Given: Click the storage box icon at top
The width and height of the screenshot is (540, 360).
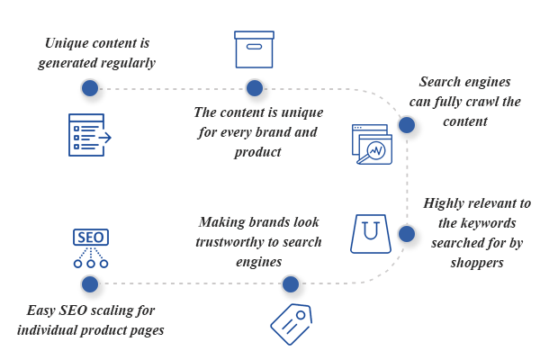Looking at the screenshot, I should [254, 49].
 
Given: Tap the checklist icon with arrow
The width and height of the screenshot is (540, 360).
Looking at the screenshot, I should [90, 135].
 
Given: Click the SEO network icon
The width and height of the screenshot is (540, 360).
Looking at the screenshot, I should [90, 248].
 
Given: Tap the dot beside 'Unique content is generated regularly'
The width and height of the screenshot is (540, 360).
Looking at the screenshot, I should [89, 88].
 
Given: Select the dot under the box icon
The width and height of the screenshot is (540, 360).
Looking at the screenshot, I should [255, 88].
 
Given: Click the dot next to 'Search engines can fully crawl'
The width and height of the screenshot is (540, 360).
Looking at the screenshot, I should [406, 125].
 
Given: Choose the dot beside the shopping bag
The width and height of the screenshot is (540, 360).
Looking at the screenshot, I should [406, 234].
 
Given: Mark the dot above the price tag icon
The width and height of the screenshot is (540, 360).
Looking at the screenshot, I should [290, 285].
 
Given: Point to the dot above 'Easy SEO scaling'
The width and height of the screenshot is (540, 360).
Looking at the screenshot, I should [89, 285].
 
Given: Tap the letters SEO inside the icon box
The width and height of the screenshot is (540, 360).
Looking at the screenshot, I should [90, 238].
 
